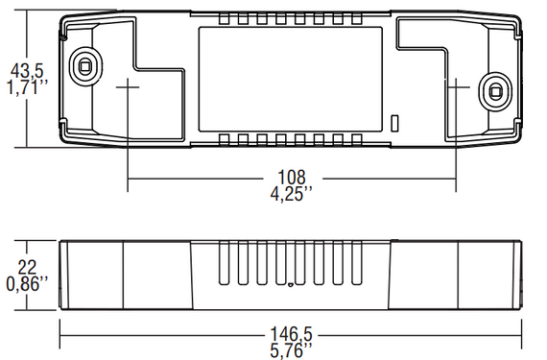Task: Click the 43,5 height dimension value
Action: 25,71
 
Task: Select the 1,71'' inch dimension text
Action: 26,88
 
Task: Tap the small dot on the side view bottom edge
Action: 290,284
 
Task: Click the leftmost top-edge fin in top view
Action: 225,20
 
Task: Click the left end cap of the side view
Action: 93,276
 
